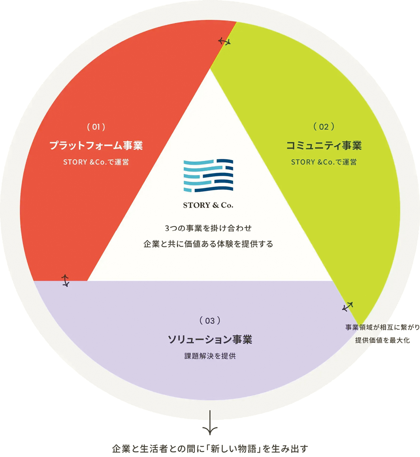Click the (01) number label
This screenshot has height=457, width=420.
click(96, 127)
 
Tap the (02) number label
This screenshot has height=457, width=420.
click(324, 127)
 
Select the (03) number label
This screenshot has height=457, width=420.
click(210, 321)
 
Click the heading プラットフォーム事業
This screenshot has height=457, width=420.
click(96, 145)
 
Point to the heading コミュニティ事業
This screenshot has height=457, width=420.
click(324, 145)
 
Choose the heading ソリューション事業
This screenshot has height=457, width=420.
click(210, 339)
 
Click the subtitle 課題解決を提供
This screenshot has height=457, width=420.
click(210, 356)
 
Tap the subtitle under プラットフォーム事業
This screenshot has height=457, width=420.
click(96, 162)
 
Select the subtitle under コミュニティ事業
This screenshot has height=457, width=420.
click(324, 162)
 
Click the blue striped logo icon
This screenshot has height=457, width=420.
click(208, 176)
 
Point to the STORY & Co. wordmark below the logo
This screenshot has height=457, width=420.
click(208, 205)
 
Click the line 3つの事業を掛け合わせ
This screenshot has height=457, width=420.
click(208, 228)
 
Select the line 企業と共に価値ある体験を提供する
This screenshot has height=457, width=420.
click(208, 244)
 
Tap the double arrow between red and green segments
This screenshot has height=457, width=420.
click(224, 42)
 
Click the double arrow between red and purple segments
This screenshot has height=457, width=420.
click(65, 281)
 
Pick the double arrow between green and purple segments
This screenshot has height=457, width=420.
click(347, 307)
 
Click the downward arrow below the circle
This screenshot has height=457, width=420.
click(210, 423)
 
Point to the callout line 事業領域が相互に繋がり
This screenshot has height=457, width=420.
click(382, 327)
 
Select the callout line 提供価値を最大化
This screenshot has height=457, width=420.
click(382, 340)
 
